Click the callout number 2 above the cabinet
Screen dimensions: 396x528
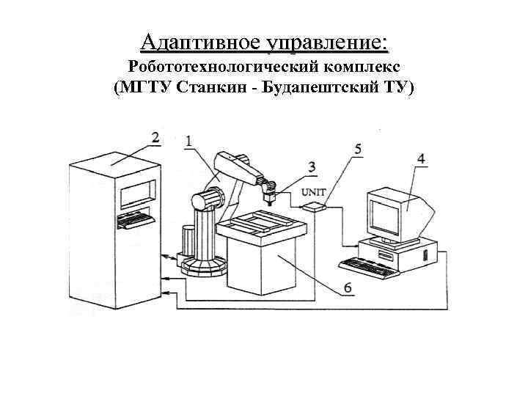click(155, 137)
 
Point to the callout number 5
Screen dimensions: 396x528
click(357, 150)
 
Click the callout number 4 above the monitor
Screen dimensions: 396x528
click(421, 158)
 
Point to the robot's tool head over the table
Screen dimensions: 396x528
click(270, 194)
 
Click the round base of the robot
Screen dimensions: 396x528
click(202, 265)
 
